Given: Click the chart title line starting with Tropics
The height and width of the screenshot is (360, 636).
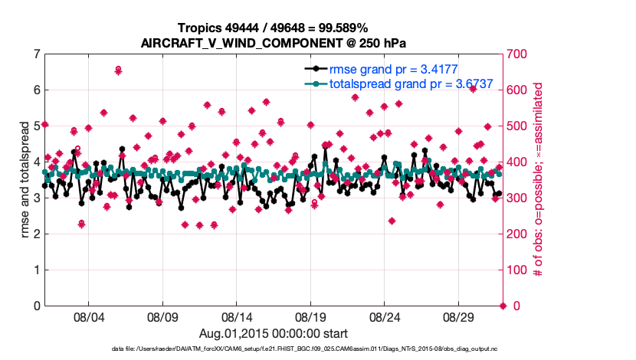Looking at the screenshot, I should [x=273, y=28].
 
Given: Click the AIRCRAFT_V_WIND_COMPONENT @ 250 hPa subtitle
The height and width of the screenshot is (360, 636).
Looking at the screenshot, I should [x=273, y=43].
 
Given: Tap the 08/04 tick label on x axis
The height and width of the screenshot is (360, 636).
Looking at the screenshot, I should [x=88, y=316].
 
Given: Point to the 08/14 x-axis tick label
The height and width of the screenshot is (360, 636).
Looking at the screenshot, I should [x=237, y=316].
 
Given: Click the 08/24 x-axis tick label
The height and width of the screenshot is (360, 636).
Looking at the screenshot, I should [x=385, y=316].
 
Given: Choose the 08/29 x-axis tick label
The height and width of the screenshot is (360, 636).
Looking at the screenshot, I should [x=459, y=316].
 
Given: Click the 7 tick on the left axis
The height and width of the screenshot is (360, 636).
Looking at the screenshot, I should [x=37, y=54].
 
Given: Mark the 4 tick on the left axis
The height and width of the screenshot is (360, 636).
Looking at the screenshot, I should [x=37, y=162].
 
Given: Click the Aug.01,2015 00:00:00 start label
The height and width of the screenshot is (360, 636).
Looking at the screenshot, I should [x=274, y=333].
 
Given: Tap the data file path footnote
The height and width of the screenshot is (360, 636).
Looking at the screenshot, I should [x=274, y=349].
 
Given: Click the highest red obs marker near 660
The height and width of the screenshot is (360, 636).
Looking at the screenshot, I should [x=118, y=70].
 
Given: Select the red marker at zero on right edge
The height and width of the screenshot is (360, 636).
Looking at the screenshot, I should [x=503, y=306].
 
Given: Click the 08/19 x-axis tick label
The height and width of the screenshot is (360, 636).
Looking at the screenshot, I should [x=311, y=316].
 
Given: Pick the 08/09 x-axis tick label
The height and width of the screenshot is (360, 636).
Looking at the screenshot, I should [x=162, y=316].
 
